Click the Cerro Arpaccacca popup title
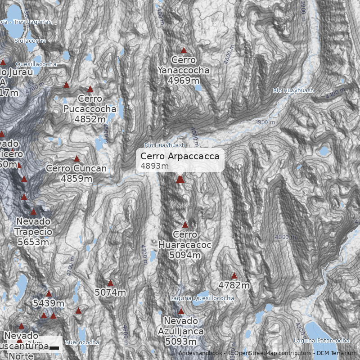(180, 156)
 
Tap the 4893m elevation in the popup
(154, 166)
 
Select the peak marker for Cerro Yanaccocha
(184, 50)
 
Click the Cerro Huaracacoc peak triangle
(185, 225)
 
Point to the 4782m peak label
(234, 285)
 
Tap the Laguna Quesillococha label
(202, 298)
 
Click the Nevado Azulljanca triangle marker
(181, 311)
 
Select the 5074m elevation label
(110, 292)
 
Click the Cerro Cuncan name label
(76, 169)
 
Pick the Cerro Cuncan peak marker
(76, 159)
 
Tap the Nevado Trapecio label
(33, 226)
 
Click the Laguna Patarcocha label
(321, 341)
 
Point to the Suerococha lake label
(82, 342)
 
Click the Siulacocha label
(30, 41)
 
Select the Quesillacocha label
(36, 64)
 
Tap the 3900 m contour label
(264, 122)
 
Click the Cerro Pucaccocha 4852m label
(90, 109)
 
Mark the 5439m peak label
(49, 303)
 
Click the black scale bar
(54, 347)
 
